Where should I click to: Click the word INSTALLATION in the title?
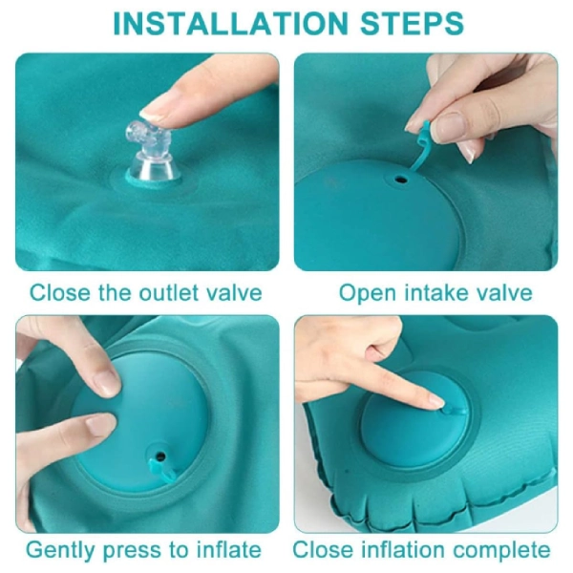[230, 23]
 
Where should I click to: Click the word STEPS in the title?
[412, 23]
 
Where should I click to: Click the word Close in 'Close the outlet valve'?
[59, 293]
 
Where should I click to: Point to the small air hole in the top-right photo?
[401, 180]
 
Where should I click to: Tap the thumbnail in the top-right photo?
[450, 128]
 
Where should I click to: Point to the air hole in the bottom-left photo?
[160, 456]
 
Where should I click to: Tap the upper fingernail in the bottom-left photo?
[107, 382]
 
